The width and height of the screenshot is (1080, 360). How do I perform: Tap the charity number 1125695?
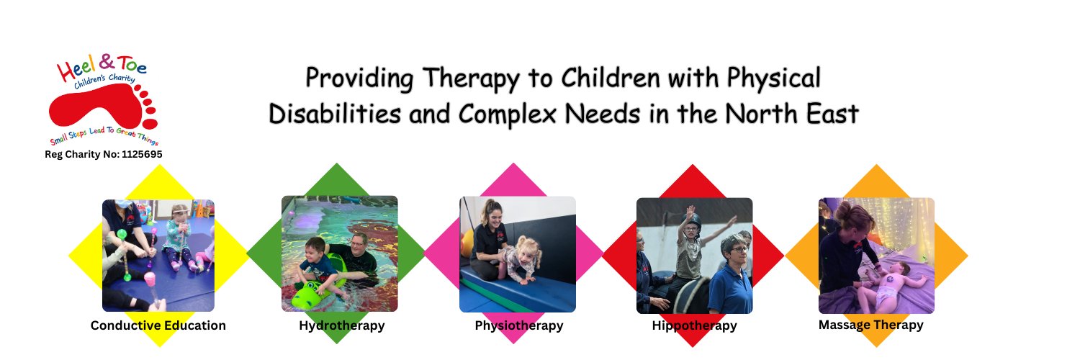tap(142, 154)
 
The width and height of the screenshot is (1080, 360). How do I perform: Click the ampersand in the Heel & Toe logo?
tap(107, 62)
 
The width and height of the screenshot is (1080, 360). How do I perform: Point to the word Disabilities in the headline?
tap(335, 114)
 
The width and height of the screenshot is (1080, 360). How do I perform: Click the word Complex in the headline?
tap(507, 115)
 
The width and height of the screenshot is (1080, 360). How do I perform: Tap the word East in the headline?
tap(832, 114)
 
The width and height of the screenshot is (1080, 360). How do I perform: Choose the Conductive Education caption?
tap(158, 325)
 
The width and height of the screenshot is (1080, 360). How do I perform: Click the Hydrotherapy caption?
tap(342, 325)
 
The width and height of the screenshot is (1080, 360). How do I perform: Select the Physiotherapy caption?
tap(519, 325)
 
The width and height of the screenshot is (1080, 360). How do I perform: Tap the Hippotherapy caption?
tap(694, 325)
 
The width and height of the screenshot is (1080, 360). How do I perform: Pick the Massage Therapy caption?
tap(870, 325)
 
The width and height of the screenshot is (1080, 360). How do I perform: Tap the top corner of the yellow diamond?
tap(160, 165)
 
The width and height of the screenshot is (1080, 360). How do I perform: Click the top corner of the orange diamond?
tap(876, 165)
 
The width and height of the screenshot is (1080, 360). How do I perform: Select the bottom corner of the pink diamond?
tap(513, 343)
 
